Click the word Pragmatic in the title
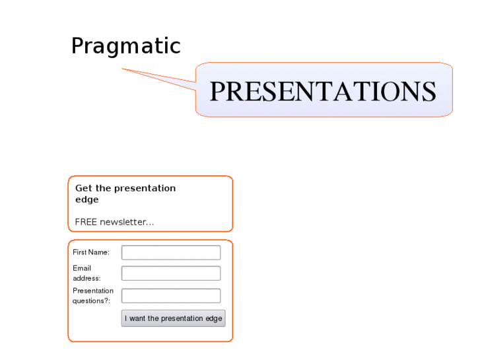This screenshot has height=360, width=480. pos(125,46)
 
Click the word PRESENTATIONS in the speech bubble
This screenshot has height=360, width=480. pos(323,91)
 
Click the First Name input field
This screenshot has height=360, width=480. pos(171,252)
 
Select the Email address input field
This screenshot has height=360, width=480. pos(171,273)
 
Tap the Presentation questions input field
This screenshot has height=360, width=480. pos(171,296)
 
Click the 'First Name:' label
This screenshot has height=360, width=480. pos(91,252)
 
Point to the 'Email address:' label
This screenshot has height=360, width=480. pos(86,273)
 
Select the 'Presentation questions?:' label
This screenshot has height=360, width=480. pos(92,296)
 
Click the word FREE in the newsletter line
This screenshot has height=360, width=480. pos(86,222)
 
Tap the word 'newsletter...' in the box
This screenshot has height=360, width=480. pos(127,222)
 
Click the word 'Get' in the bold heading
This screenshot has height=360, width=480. pos(83,188)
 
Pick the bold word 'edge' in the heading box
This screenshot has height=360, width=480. pos(86,199)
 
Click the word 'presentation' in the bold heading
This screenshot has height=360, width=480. pos(145,188)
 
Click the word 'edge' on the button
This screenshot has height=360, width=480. pos(214,318)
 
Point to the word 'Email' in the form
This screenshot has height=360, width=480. pos(82,268)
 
